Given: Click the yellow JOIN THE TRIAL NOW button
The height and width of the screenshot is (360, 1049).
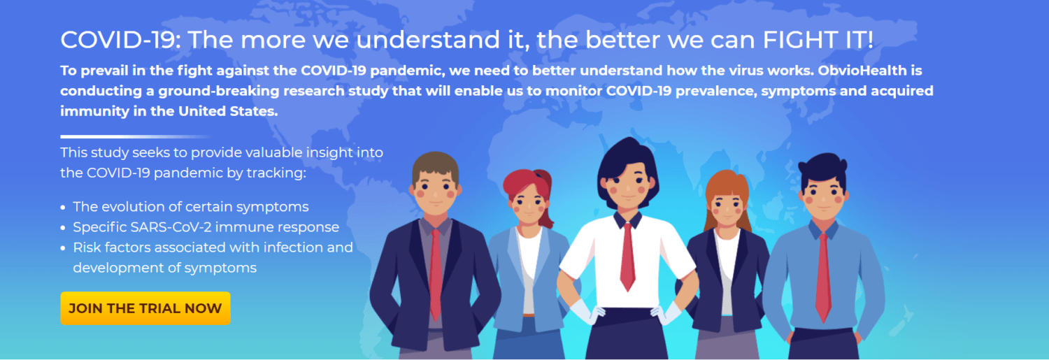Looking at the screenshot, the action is (145, 308).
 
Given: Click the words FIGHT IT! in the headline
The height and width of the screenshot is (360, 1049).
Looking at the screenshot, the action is (818, 40).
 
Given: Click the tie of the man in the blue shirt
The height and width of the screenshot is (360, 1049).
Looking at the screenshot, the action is (823, 277).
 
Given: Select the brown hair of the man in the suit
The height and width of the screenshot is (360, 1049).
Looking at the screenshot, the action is (435, 166).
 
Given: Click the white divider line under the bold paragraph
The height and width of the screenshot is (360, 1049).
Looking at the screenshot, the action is (136, 137).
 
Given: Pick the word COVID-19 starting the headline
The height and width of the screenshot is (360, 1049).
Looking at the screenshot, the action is (120, 40).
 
